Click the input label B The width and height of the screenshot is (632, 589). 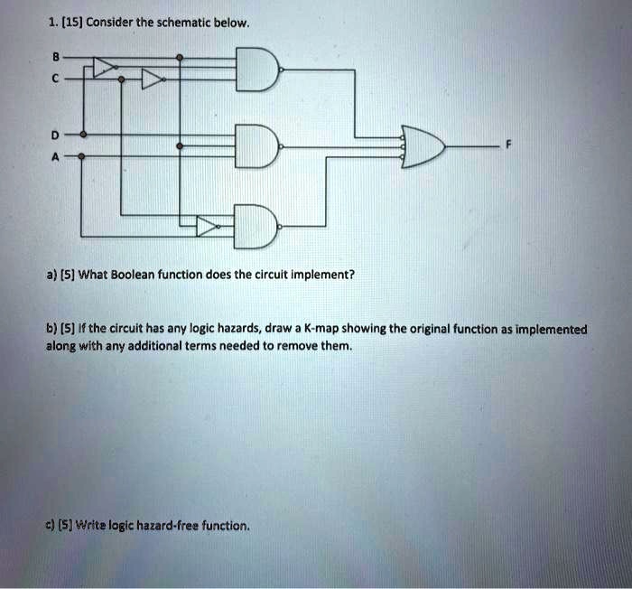coord(56,57)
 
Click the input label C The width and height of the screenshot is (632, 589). coord(56,79)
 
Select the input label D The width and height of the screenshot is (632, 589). coord(55,135)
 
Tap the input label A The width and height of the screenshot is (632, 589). coord(55,156)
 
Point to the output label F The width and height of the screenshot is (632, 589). coord(508,144)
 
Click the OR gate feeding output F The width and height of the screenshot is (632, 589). coord(423,146)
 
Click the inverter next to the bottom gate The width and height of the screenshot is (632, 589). coord(208,227)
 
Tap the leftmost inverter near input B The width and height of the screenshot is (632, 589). coord(106,67)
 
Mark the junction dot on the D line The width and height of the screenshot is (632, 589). coord(83,135)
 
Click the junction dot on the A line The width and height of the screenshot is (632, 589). coord(81,156)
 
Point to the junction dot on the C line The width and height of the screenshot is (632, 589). coord(121,79)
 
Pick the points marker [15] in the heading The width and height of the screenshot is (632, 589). coord(72,23)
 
